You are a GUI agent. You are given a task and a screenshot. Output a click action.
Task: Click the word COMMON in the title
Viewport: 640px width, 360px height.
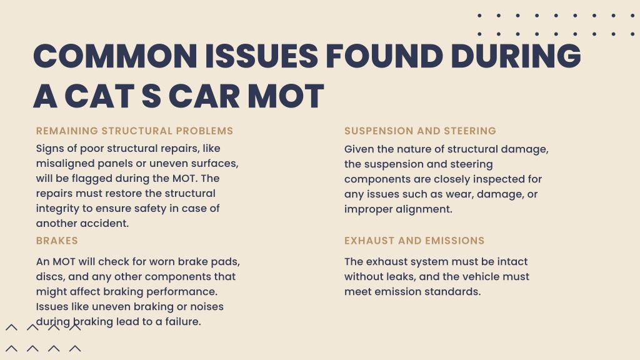pos(116,56)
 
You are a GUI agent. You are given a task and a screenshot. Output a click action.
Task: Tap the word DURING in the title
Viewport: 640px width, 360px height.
pos(516,56)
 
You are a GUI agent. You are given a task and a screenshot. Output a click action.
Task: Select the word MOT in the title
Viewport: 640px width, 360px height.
pos(286,96)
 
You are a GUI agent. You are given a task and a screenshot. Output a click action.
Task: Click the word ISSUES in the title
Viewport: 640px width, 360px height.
pos(261,56)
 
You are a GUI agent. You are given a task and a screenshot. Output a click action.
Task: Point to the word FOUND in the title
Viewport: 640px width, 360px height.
pos(384,56)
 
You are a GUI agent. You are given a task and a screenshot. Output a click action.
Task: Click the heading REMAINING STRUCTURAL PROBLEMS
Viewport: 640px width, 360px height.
pos(135,131)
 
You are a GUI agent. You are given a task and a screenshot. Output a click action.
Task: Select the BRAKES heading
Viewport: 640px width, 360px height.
pos(57,241)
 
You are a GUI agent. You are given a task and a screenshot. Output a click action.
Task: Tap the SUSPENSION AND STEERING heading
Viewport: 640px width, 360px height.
pos(420,131)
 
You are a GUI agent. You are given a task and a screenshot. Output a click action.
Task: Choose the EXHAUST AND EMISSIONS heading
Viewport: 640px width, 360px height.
pos(414,241)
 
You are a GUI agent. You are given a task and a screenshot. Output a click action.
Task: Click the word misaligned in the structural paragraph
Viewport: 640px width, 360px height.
pos(65,164)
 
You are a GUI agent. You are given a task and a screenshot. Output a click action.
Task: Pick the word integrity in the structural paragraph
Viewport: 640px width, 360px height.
pos(57,209)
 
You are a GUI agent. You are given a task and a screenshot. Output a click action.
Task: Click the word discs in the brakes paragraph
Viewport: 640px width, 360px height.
pos(50,277)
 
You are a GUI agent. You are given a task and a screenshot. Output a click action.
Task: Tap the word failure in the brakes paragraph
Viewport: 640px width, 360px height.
pos(183,322)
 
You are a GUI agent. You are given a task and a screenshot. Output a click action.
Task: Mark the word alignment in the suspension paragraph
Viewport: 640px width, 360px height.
pos(424,210)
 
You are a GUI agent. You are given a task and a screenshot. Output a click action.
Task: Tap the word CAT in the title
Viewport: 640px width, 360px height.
pos(99,96)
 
